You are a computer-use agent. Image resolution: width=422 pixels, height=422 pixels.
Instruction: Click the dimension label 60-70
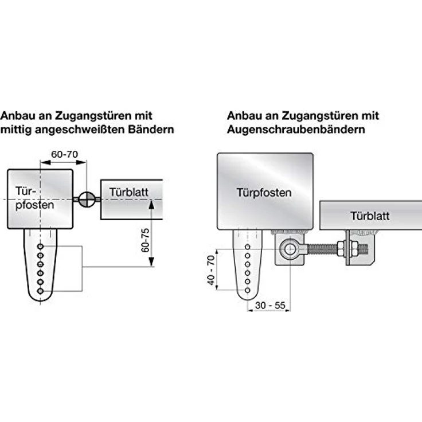point(65,154)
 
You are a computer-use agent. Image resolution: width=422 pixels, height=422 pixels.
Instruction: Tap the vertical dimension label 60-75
point(145,240)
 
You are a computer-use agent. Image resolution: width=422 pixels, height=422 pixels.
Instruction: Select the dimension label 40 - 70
point(211,270)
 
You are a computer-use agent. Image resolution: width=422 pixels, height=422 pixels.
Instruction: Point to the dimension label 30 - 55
point(270,306)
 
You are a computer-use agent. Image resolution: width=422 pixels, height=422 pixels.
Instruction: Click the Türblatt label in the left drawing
point(128,192)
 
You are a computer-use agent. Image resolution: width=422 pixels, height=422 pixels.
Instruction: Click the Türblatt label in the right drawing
point(370,216)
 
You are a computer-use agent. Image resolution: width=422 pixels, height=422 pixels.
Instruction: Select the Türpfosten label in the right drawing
point(264,193)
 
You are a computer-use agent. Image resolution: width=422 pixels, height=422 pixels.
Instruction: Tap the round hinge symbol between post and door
point(87,199)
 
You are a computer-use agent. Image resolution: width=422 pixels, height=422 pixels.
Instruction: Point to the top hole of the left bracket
point(40,247)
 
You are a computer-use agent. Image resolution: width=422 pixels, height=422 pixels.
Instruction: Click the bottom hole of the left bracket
point(40,291)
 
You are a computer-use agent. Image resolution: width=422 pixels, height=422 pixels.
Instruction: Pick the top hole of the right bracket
point(248,247)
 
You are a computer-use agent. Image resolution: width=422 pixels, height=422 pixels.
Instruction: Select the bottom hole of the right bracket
point(248,290)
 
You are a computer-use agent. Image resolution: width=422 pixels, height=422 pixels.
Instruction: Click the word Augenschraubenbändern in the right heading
point(296,130)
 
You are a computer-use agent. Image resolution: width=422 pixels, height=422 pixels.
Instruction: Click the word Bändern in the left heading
point(151,130)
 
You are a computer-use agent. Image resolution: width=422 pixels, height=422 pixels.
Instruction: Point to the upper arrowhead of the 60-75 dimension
point(151,204)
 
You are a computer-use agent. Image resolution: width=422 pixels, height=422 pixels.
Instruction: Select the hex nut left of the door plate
point(341,249)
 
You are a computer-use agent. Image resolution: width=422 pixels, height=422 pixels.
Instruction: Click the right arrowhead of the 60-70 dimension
point(81,162)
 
